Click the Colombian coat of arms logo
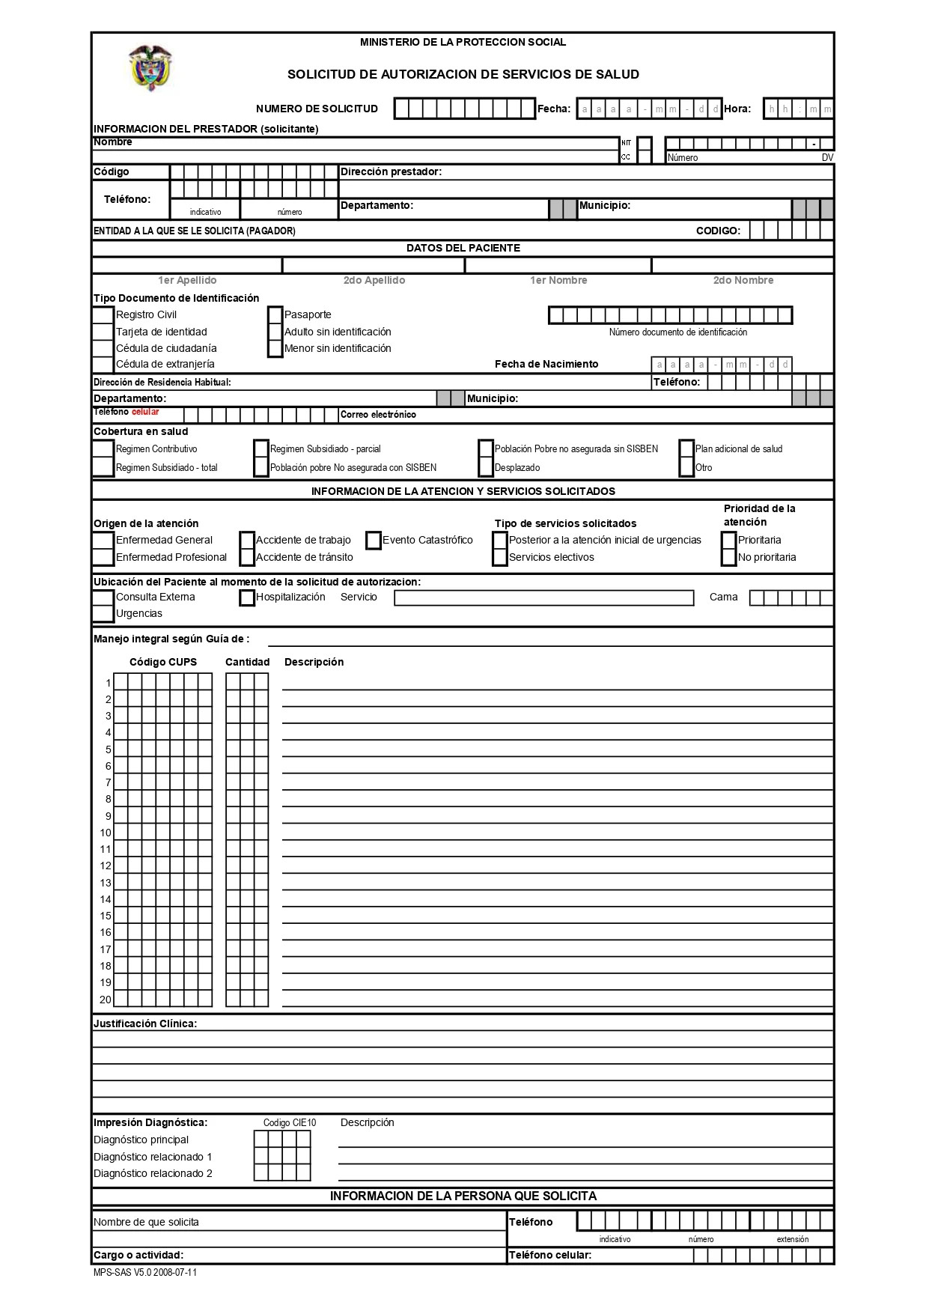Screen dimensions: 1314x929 pos(151,67)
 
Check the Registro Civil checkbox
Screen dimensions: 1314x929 pos(103,314)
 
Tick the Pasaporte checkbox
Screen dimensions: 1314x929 pos(275,314)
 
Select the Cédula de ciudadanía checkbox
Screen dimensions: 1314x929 pos(103,348)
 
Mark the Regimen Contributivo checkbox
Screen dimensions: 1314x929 pos(103,449)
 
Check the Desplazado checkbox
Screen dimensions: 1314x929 pos(486,468)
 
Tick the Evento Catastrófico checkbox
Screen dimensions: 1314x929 pos(374,540)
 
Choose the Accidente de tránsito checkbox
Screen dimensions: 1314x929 pos(247,557)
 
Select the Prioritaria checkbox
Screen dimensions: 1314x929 pos(729,540)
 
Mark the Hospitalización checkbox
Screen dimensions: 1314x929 pos(247,597)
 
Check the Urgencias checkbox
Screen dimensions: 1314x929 pos(103,614)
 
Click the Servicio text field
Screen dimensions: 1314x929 pos(543,597)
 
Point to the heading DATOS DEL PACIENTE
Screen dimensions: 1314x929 pos(463,248)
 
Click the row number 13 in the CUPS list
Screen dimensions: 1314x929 pos(106,883)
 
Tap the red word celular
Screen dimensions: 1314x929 pos(145,412)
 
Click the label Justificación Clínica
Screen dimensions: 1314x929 pos(145,1023)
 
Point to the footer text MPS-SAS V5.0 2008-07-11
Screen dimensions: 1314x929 pos(145,1272)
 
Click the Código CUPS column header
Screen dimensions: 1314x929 pos(163,662)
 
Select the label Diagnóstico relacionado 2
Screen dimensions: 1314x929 pos(153,1173)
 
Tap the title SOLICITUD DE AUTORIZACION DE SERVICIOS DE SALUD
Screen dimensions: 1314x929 pos(463,74)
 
